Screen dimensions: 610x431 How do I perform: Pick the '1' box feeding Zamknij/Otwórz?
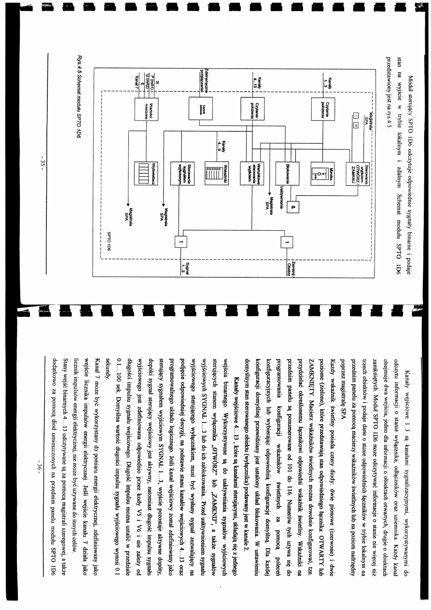point(286,242)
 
